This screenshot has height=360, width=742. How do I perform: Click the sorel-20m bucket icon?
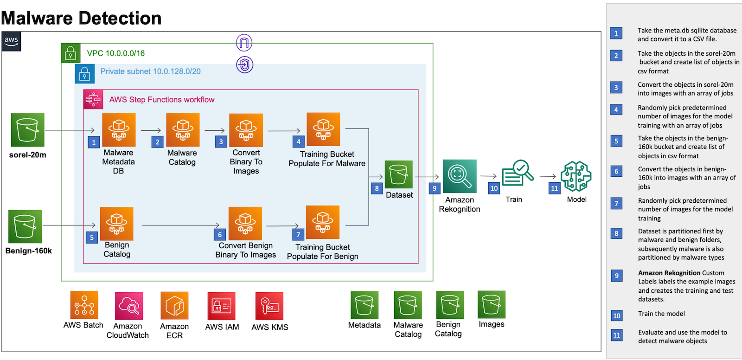coord(27,130)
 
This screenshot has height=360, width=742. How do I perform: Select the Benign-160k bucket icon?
coord(25,226)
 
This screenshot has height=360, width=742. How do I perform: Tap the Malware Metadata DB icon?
coord(119,130)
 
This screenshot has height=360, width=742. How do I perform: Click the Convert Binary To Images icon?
coord(246,130)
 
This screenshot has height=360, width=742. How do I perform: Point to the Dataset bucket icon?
coord(398,174)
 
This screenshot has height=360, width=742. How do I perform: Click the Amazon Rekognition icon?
coord(459,176)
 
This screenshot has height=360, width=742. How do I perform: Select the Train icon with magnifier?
coord(517,174)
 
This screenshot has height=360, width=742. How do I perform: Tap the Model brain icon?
coord(576,176)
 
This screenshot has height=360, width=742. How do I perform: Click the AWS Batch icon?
coord(84,305)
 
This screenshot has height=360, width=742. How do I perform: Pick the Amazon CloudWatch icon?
coord(128,306)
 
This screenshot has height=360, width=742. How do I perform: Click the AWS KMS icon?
coord(269,306)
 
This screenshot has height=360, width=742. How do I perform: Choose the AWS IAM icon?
coord(221,306)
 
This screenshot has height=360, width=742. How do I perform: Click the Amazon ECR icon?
coord(174,306)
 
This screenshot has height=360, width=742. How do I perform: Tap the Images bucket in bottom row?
coord(491,305)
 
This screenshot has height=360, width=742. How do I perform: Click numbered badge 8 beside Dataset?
coord(377,188)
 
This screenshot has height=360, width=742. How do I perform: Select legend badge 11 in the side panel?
coord(616,335)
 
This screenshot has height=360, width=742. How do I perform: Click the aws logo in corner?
coord(11,41)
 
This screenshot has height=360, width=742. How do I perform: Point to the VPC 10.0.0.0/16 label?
coord(116,53)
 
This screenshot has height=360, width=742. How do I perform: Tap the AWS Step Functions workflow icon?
coord(93,99)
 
